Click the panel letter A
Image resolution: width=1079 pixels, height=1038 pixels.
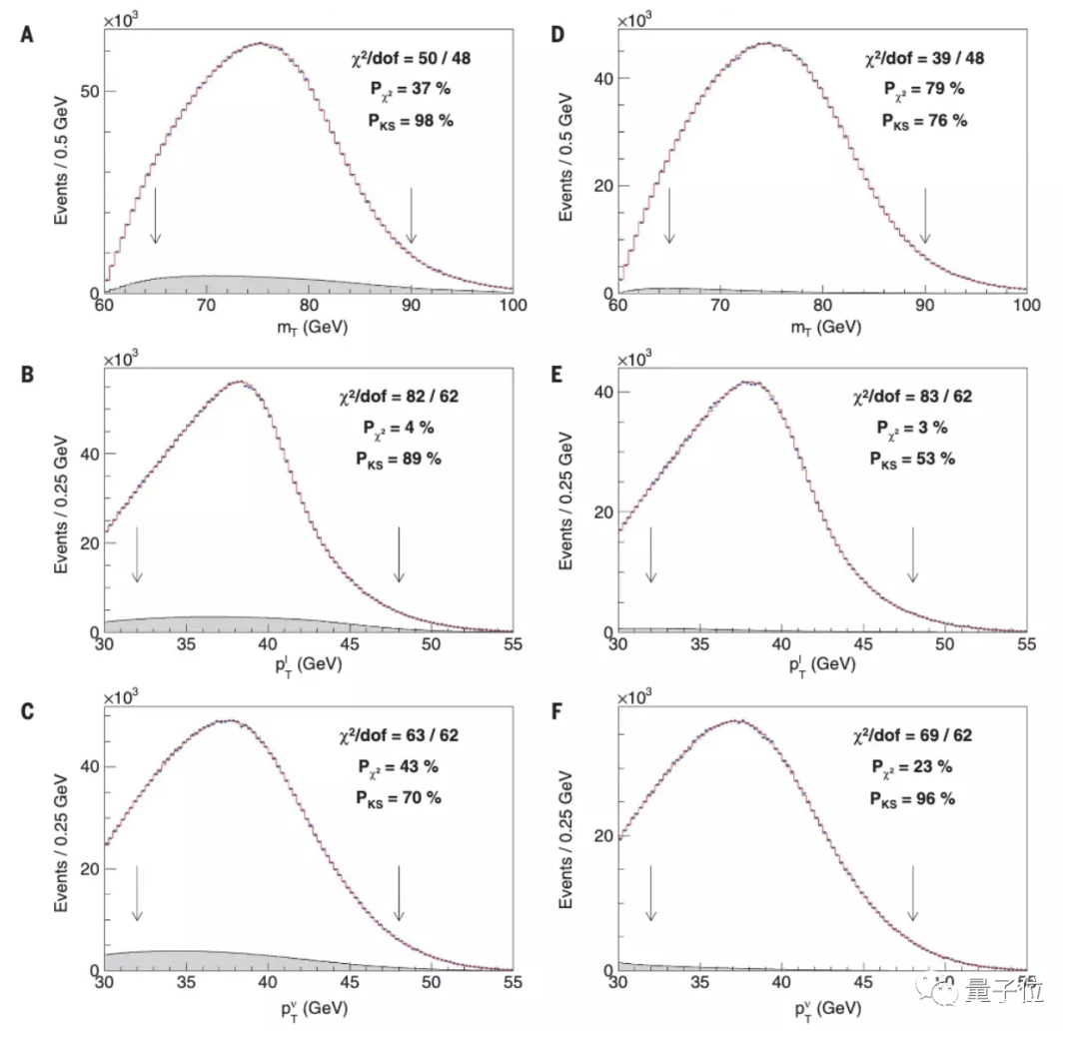click(27, 34)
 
